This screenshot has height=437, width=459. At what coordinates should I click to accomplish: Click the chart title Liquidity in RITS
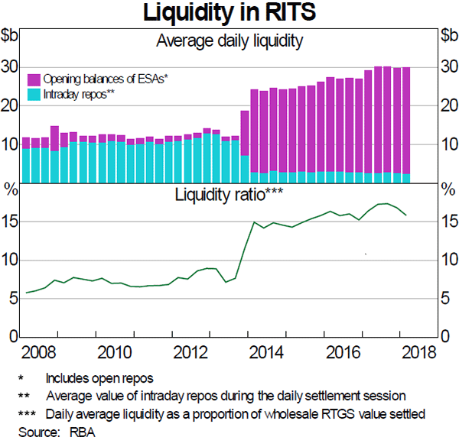click(x=229, y=13)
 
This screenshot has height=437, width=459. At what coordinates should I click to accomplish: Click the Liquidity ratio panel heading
click(x=229, y=194)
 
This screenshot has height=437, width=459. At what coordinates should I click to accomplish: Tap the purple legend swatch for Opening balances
click(x=34, y=79)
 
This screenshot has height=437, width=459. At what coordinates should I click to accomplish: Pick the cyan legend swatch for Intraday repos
click(x=34, y=94)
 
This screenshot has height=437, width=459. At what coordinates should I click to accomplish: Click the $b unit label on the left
click(x=10, y=35)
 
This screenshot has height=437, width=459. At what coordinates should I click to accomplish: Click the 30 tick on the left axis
click(x=9, y=67)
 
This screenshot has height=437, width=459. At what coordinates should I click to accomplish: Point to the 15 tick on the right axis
click(x=449, y=222)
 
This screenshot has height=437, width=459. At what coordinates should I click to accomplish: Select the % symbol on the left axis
click(x=10, y=189)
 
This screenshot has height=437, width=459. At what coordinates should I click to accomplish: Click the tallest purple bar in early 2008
click(x=54, y=138)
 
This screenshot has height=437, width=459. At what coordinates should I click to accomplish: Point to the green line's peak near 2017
click(x=388, y=203)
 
